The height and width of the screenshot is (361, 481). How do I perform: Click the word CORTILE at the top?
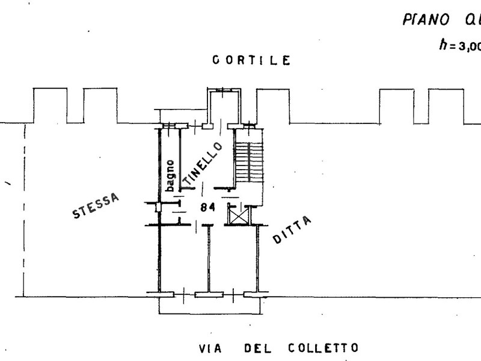coord(251,60)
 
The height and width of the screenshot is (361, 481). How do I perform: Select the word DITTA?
coord(292,230)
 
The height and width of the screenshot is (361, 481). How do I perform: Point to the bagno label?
coord(171,175)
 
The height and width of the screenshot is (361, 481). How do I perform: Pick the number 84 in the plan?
coord(208,208)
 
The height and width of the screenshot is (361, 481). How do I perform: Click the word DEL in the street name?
coord(259,348)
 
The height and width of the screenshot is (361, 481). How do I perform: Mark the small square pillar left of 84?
coord(158,208)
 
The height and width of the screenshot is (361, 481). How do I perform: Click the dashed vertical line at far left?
coord(23,211)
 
